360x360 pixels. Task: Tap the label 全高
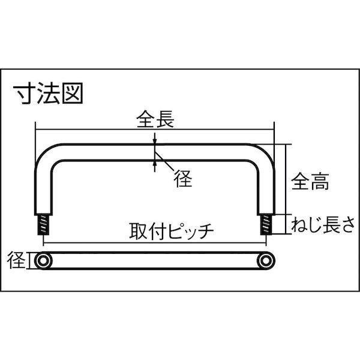click(311, 180)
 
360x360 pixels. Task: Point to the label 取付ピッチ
click(172, 231)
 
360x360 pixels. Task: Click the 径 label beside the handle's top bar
click(184, 179)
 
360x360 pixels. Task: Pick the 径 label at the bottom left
click(17, 261)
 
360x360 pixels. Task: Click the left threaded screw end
click(44, 226)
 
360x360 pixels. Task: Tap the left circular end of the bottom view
click(43, 261)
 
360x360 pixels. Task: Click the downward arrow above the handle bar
click(155, 139)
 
